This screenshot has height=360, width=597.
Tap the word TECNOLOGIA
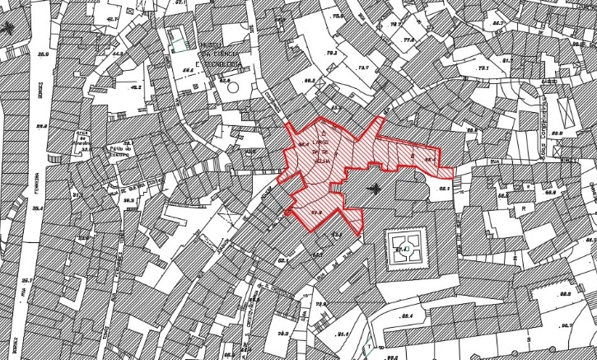(x=222, y=63)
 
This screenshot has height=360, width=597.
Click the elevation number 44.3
(x=118, y=54)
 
